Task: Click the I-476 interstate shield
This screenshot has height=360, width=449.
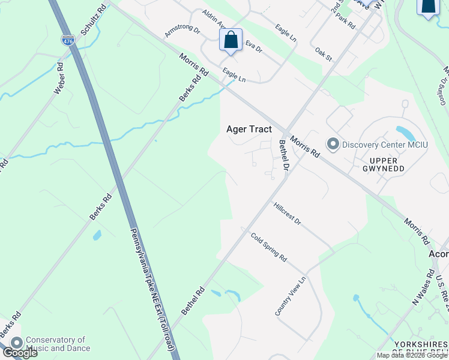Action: pos(68,40)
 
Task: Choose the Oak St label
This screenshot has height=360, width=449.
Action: pos(324,54)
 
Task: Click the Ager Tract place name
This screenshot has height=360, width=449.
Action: pos(249,129)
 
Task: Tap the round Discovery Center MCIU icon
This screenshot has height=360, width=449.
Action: pos(333,144)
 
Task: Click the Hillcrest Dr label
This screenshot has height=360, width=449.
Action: pos(287,213)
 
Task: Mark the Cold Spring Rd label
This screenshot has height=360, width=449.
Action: pos(268,246)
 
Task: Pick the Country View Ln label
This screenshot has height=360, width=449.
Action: pos(291,296)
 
